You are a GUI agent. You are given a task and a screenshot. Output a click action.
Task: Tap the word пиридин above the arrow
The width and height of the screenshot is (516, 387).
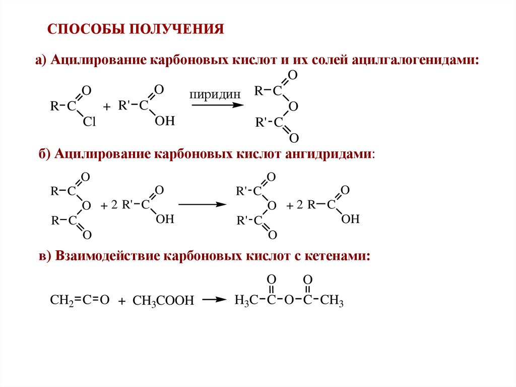pos(211,94)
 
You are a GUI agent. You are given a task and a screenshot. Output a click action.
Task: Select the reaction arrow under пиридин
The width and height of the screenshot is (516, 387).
pos(217,105)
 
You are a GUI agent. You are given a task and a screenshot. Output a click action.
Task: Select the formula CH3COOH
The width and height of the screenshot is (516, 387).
pos(163,301)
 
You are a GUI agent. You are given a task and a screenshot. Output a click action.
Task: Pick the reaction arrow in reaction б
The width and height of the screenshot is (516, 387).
pos(201,204)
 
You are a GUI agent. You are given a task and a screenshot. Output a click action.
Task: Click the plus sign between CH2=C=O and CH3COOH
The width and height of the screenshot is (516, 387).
pos(121,301)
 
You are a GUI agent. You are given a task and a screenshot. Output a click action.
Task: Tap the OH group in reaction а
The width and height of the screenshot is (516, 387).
pos(164,122)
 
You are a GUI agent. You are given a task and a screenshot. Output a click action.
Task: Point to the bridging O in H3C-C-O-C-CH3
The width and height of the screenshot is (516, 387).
pos(289,300)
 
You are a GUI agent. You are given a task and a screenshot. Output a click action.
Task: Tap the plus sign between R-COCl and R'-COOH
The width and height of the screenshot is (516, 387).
pos(106,107)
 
